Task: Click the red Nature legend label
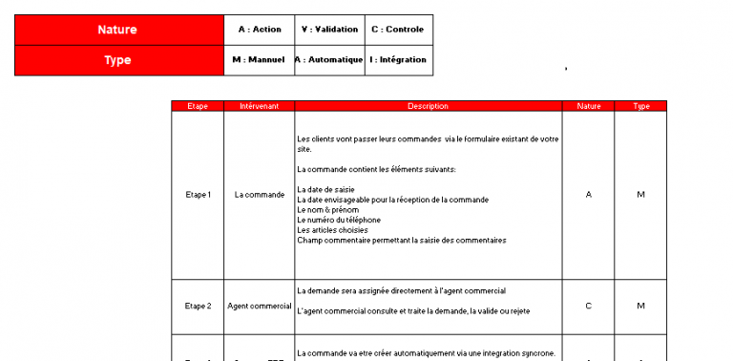[x=118, y=30]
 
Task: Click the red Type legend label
[x=118, y=60]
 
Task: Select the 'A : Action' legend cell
[x=260, y=30]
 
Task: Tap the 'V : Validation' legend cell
[x=329, y=30]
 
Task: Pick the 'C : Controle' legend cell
[x=398, y=30]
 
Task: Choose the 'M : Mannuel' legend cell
[x=260, y=60]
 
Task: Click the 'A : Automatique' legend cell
[x=329, y=60]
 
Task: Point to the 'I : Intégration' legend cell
[x=398, y=60]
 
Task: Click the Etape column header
[x=198, y=106]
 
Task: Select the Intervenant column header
[x=260, y=106]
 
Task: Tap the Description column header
[x=428, y=106]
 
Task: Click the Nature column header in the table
[x=589, y=106]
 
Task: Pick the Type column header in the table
[x=641, y=106]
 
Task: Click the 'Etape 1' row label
[x=198, y=195]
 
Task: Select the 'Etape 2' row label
[x=198, y=307]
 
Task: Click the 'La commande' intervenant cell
[x=260, y=195]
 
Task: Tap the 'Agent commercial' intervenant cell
[x=260, y=307]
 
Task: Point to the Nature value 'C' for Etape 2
[x=589, y=307]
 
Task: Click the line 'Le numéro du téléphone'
[x=339, y=220]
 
